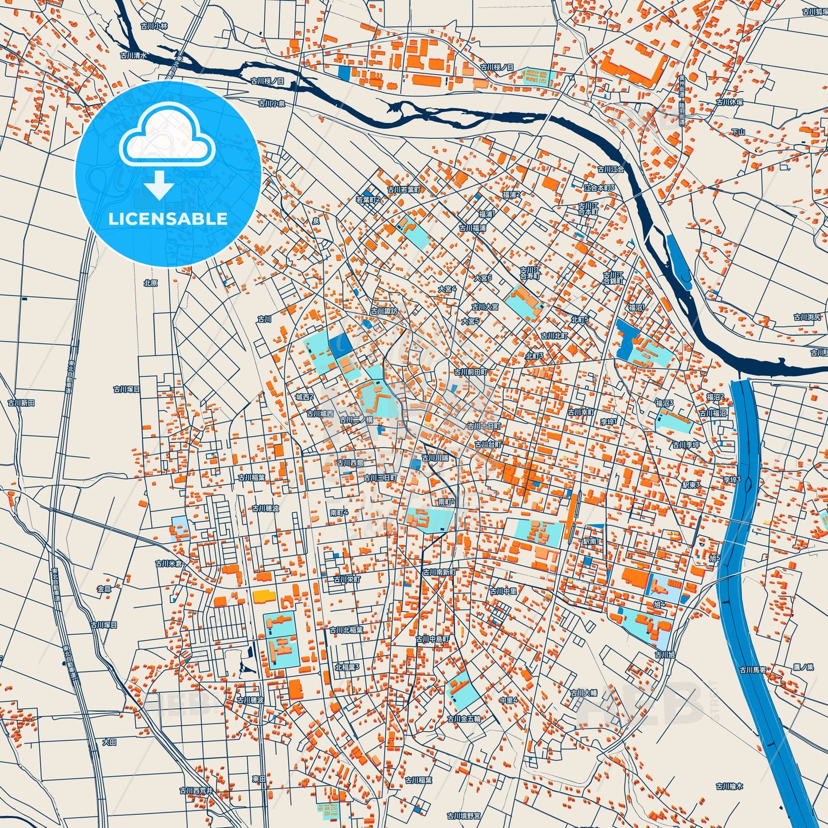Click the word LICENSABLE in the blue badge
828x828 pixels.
168,219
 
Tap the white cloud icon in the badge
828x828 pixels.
167,136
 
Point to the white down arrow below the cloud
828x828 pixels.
159,185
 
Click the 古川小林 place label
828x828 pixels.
154,26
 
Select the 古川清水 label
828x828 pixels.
134,56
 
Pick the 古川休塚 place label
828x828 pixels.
729,103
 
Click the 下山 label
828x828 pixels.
737,132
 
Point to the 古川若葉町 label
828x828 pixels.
403,189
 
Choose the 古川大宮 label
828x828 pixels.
485,307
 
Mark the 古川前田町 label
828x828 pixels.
470,372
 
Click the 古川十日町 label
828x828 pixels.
484,426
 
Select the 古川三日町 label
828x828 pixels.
380,477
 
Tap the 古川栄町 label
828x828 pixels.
347,579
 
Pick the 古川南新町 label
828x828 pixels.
439,572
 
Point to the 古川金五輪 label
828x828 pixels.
464,719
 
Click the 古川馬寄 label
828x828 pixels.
752,669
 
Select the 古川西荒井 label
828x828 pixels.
196,790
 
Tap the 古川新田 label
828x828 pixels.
21,403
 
